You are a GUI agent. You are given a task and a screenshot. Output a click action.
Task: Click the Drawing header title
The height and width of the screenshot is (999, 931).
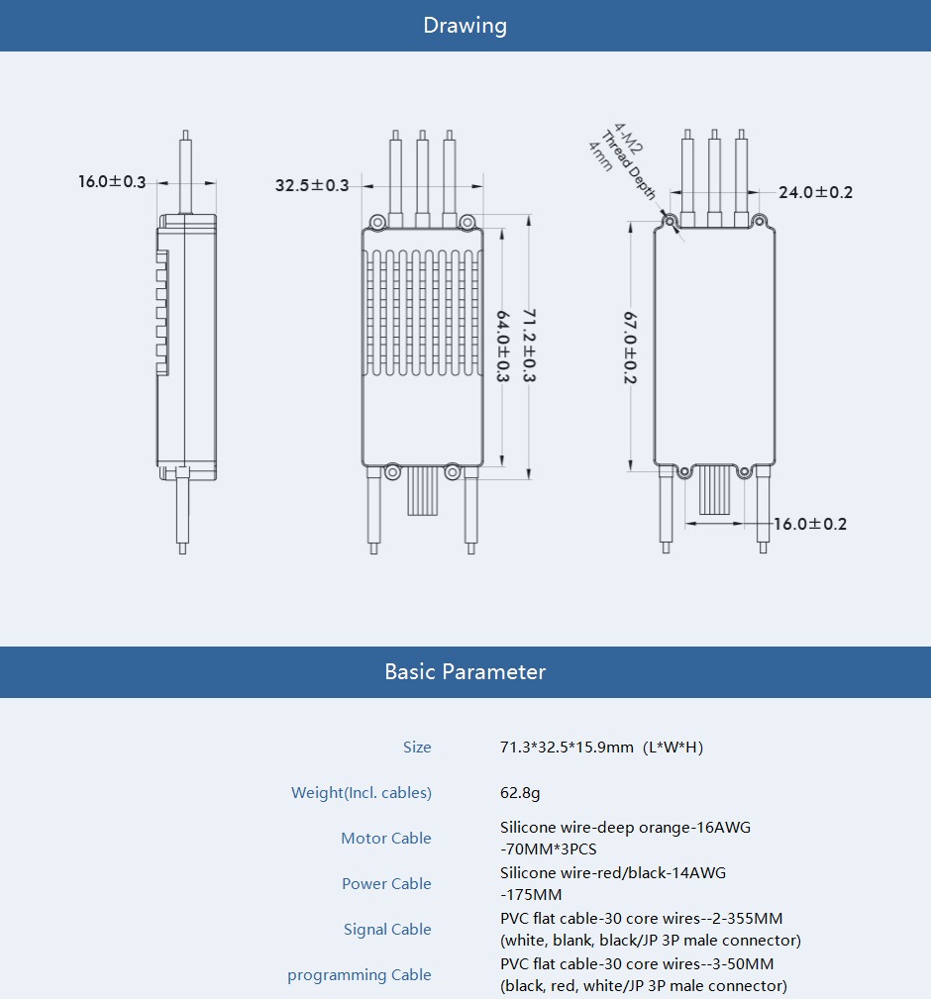coord(465,26)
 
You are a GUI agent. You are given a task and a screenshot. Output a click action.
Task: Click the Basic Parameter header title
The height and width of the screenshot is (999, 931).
coord(465,672)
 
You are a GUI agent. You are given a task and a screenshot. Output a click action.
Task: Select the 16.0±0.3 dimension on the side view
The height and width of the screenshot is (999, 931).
coord(112,182)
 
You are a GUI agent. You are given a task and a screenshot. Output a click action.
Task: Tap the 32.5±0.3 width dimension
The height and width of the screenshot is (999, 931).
coord(312,185)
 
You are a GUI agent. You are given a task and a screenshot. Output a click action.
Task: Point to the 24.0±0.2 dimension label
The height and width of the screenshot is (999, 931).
coord(815,192)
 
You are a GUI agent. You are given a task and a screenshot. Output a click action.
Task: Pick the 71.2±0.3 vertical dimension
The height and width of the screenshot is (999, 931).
coord(529,345)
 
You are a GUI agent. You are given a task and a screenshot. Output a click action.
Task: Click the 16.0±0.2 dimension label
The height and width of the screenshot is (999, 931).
coord(810,524)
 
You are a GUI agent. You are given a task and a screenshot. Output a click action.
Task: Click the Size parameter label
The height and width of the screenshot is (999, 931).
coord(417,748)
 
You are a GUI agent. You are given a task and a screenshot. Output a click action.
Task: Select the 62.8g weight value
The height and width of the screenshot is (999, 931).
coord(520,793)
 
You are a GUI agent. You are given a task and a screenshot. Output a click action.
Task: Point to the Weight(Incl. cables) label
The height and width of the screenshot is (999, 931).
coord(362,793)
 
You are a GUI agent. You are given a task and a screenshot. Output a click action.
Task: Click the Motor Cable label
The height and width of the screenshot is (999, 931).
coord(386,839)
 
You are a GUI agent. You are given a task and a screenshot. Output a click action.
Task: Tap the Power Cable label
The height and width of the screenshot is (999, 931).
coord(386,884)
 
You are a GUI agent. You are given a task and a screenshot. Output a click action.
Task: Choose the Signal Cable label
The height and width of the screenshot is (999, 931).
coord(387,930)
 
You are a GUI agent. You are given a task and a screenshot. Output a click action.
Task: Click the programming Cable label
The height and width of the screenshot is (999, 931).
coord(360,975)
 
